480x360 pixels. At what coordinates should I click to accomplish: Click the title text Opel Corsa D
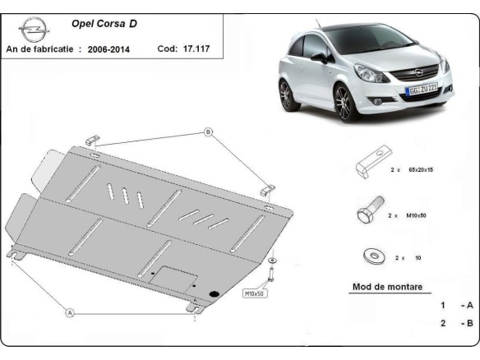point(99,24)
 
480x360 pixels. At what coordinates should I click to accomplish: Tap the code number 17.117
point(195,49)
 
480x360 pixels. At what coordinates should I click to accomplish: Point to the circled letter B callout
point(208,132)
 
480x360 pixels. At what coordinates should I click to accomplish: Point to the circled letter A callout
point(70,312)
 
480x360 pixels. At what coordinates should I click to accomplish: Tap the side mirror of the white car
point(318,58)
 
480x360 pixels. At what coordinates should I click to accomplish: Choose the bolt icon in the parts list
point(368,214)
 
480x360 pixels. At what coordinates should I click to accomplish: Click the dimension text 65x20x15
point(419,169)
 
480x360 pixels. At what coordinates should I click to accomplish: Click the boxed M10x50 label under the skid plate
point(254,293)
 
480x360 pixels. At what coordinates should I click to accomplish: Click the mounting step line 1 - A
point(456,305)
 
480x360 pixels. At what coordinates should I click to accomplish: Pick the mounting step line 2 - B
point(456,323)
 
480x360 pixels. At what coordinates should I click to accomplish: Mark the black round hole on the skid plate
point(215,293)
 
